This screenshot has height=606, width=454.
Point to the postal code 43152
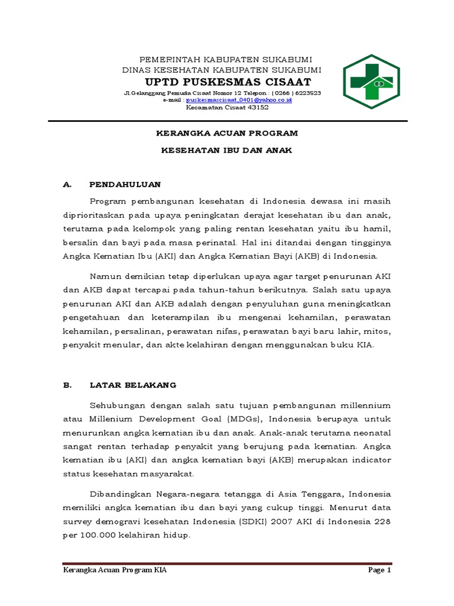pyautogui.click(x=255, y=107)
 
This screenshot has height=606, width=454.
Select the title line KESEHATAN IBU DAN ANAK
pyautogui.click(x=227, y=150)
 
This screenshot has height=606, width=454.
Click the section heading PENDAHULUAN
pyautogui.click(x=125, y=184)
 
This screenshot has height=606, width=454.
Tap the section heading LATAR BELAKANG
pyautogui.click(x=133, y=385)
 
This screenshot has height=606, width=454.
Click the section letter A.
pyautogui.click(x=67, y=184)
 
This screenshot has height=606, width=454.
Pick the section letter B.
pyautogui.click(x=67, y=385)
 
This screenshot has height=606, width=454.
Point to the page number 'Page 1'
pyautogui.click(x=380, y=570)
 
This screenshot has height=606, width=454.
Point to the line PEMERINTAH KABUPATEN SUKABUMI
pyautogui.click(x=225, y=59)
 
